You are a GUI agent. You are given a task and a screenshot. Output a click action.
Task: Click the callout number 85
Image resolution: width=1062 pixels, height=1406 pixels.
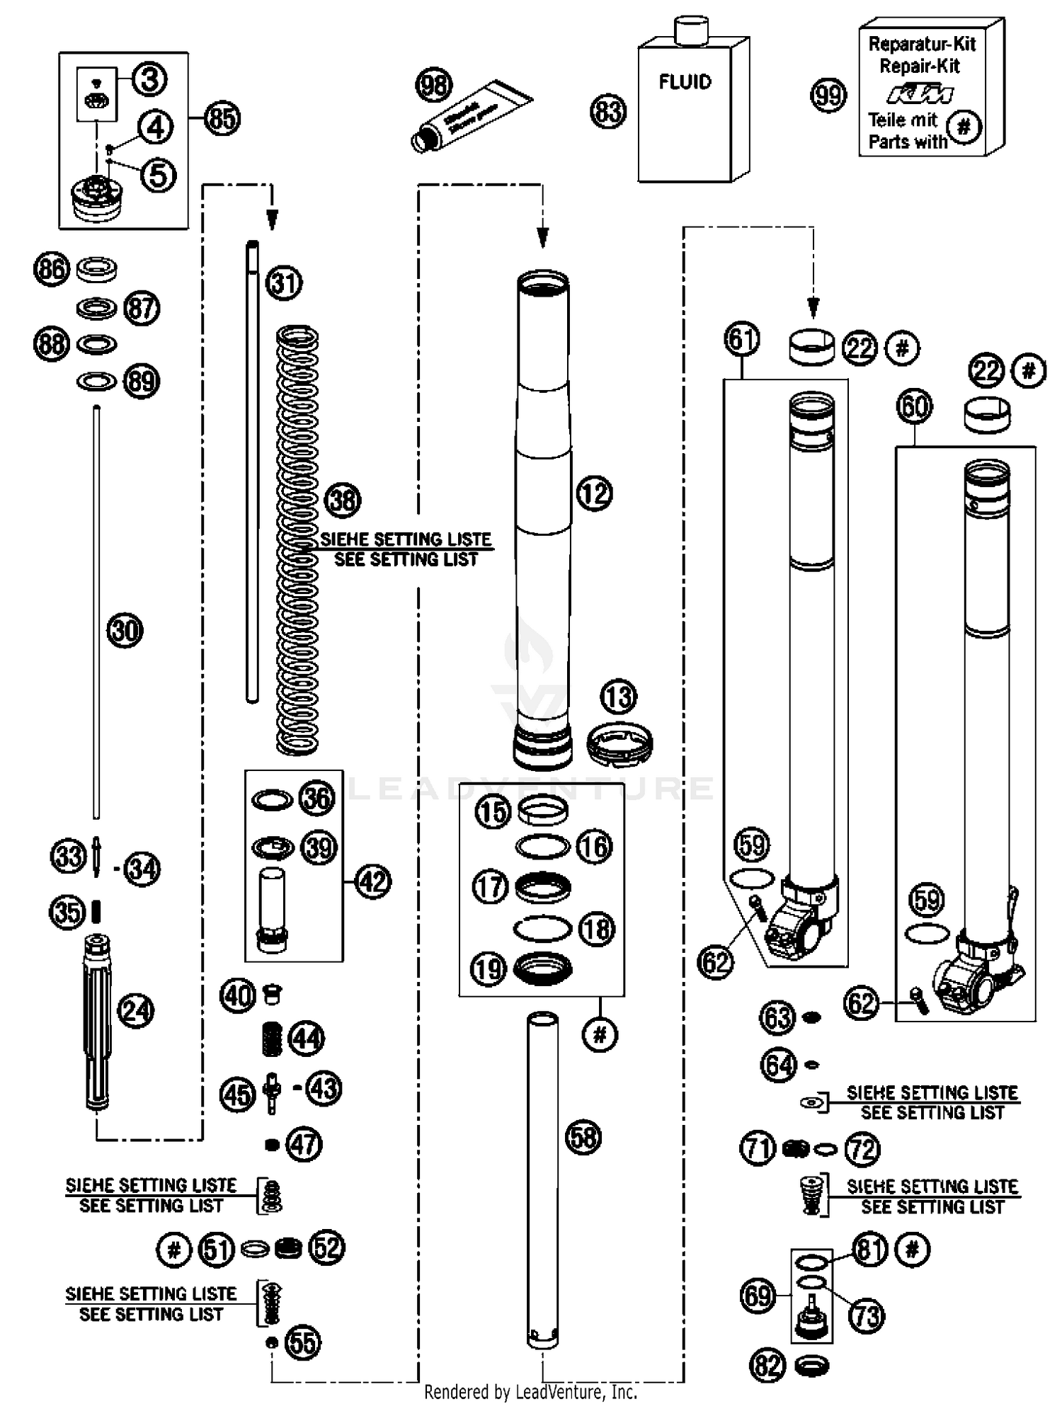tap(222, 118)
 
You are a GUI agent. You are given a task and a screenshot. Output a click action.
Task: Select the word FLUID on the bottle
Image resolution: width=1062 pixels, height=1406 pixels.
tap(685, 82)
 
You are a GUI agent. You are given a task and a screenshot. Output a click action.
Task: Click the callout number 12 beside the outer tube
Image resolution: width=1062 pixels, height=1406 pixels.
tap(594, 493)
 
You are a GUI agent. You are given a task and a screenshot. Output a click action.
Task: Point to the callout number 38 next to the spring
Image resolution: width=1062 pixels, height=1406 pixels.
tap(343, 500)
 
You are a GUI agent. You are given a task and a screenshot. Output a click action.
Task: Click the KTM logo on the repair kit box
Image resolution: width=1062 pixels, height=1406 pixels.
tap(920, 93)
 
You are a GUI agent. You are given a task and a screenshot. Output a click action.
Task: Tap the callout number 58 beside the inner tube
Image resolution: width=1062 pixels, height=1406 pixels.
tap(583, 1138)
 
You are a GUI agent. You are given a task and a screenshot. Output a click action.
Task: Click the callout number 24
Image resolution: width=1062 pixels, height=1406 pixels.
tap(136, 1010)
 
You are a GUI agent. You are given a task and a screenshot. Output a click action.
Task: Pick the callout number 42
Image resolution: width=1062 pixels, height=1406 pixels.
tap(373, 882)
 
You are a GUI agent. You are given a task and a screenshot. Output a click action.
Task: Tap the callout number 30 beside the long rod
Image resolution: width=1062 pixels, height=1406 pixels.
tap(125, 630)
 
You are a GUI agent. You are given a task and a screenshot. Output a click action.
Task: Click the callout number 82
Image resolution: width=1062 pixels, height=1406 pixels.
tap(768, 1365)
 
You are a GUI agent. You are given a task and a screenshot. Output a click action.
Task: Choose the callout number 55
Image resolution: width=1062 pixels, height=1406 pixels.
tap(303, 1342)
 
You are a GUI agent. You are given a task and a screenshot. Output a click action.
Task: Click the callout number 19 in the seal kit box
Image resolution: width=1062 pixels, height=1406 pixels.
tap(489, 969)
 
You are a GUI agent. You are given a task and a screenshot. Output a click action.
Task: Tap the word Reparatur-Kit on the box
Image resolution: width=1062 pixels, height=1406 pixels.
tap(922, 44)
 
